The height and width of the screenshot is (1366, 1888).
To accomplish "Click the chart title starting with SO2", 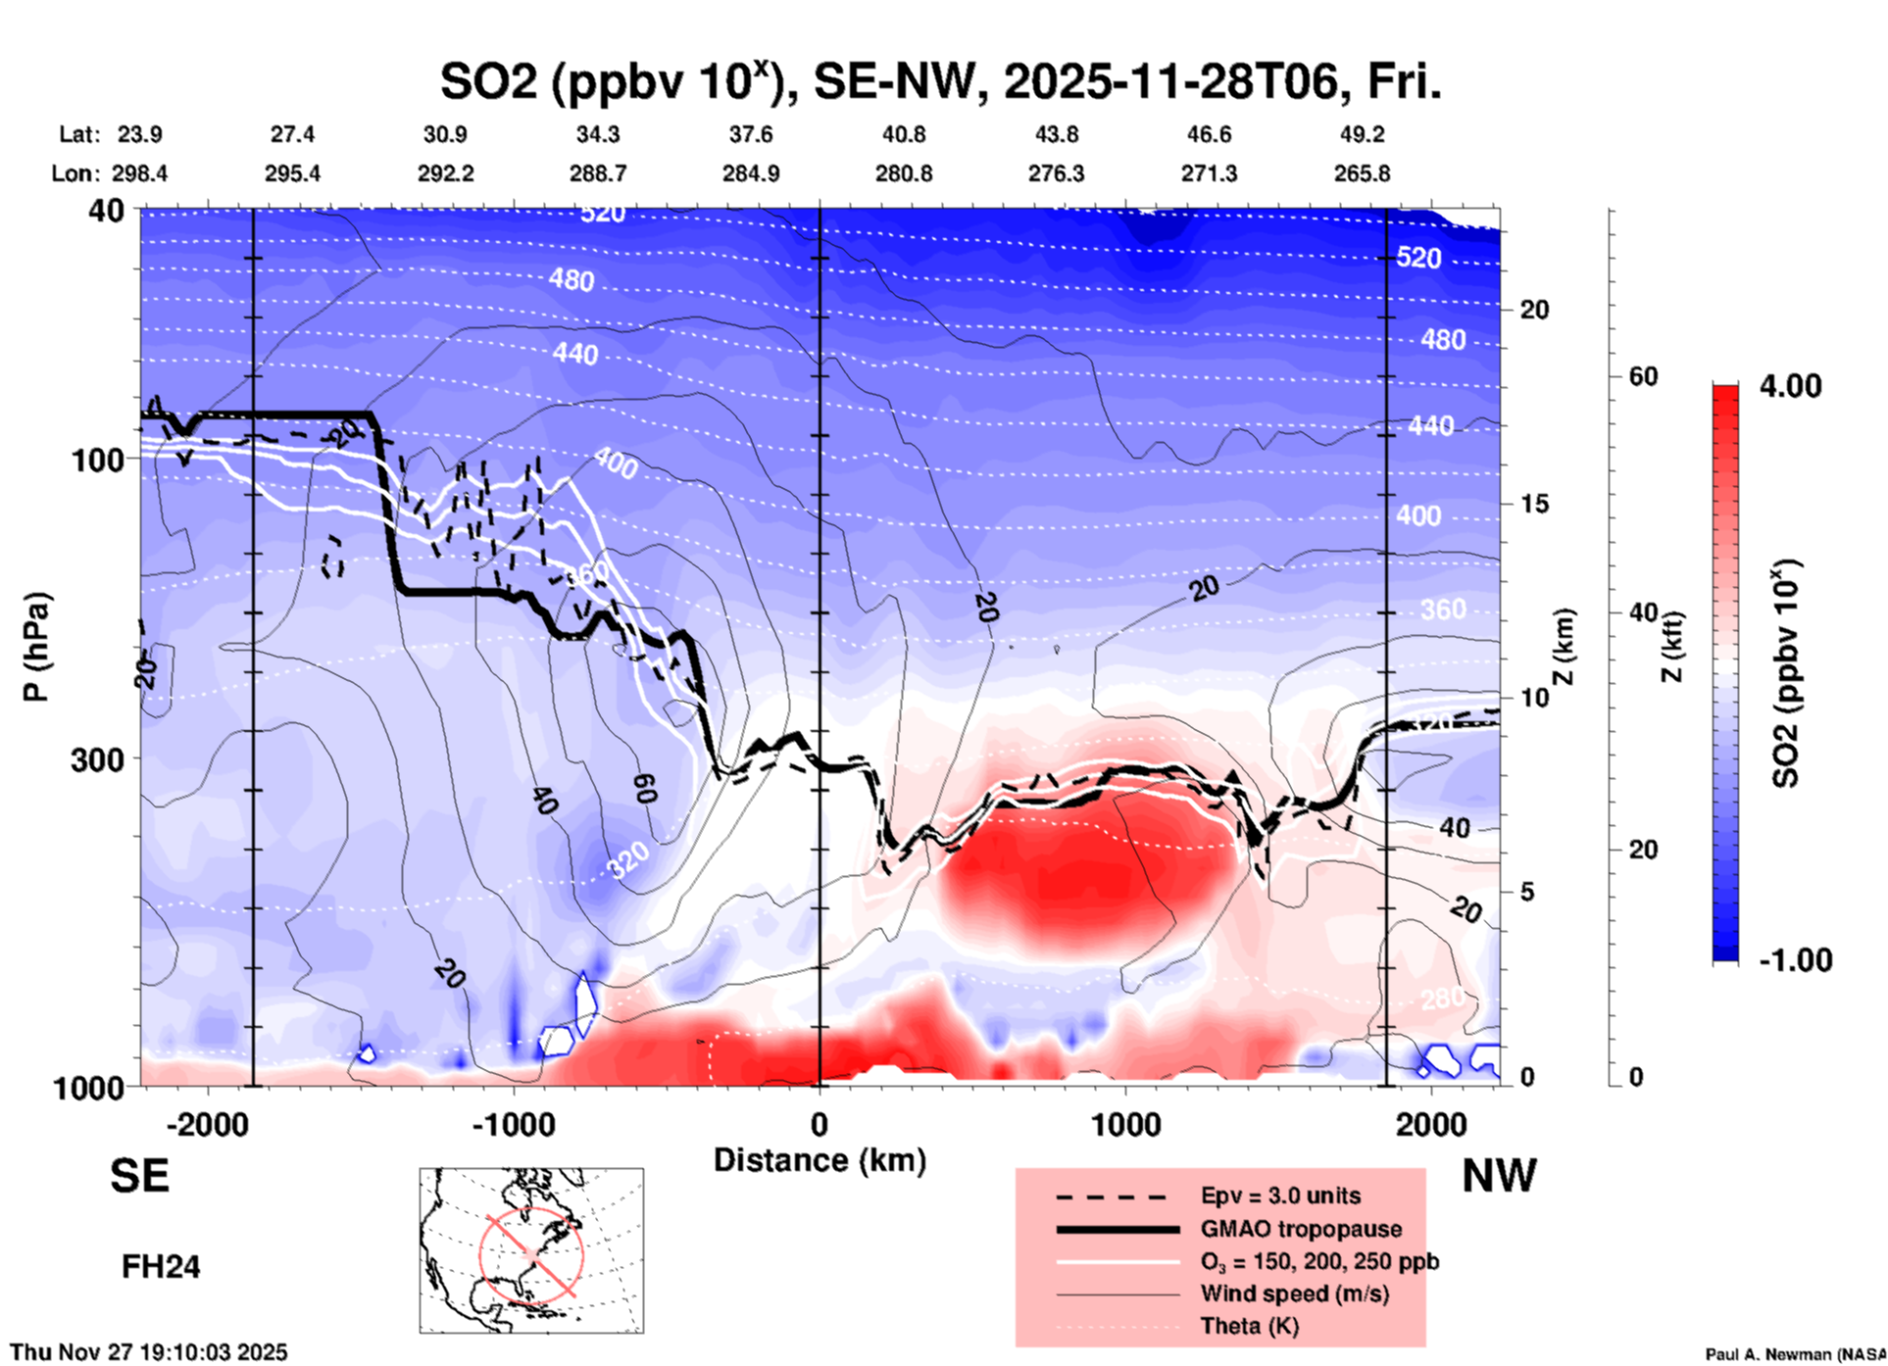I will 940,82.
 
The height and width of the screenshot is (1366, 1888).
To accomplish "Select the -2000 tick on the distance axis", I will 208,1125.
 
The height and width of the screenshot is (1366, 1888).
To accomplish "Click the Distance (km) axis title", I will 820,1160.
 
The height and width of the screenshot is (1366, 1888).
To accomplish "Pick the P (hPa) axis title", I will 36,647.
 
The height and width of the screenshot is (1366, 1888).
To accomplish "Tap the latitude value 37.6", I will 750,134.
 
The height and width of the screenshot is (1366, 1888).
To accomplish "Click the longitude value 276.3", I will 1056,173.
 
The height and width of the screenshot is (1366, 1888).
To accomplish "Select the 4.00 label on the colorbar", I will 1790,386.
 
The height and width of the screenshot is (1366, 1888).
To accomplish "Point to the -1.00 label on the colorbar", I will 1795,960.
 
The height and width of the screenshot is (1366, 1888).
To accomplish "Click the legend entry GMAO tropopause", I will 1301,1229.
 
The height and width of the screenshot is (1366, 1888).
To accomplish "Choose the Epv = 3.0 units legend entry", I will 1280,1195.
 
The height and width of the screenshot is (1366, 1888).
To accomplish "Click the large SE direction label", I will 139,1176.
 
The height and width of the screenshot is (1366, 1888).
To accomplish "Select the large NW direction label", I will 1499,1176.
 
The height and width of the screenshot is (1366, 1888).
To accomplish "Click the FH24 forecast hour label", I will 161,1267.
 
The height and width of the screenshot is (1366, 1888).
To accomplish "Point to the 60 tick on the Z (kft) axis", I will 1643,376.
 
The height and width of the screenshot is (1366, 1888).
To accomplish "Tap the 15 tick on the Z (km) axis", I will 1534,504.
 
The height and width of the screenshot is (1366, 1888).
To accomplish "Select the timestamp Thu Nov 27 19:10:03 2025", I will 149,1352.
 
